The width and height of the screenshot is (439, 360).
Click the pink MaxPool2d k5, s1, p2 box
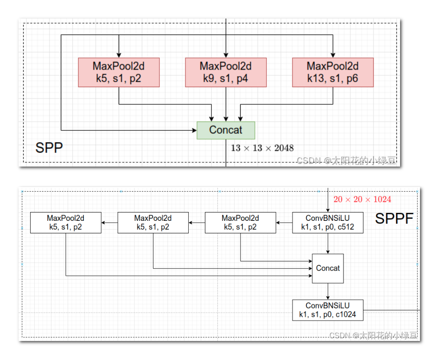[119, 72]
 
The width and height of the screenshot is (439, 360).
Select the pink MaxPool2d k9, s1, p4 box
[226, 72]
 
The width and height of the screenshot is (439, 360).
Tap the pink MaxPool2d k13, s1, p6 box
[333, 72]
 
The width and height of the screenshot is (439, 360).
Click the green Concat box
[226, 130]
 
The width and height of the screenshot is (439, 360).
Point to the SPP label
[49, 148]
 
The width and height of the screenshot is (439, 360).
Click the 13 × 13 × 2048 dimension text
[262, 148]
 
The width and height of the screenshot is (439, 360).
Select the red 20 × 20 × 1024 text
[362, 199]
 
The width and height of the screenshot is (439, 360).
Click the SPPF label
[394, 219]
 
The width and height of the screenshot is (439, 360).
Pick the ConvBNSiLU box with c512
[328, 223]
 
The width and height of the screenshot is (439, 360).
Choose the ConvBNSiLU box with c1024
[328, 310]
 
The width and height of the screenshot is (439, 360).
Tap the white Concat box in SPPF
[328, 268]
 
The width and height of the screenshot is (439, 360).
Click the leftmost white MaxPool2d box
[65, 223]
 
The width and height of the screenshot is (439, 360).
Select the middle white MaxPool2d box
[153, 223]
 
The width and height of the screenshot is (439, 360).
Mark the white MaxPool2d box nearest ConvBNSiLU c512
[240, 223]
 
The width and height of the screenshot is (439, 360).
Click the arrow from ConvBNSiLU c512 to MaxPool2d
[284, 223]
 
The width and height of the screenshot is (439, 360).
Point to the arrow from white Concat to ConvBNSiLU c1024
[328, 291]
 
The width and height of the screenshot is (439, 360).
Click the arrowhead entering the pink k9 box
[226, 55]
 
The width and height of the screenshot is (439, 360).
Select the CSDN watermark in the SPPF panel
[373, 335]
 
